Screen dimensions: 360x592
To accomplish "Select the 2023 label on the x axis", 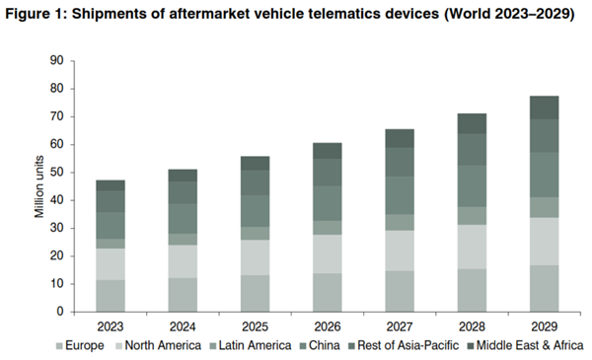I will point(111,325).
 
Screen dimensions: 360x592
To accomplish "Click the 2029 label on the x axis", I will point(543,325).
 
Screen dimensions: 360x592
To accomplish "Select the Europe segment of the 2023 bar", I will point(111,296).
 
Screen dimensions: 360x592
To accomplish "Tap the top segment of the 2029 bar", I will point(543,108).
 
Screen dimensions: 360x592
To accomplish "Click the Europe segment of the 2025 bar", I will point(255,293).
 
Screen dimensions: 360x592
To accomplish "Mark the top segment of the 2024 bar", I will point(183,175).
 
